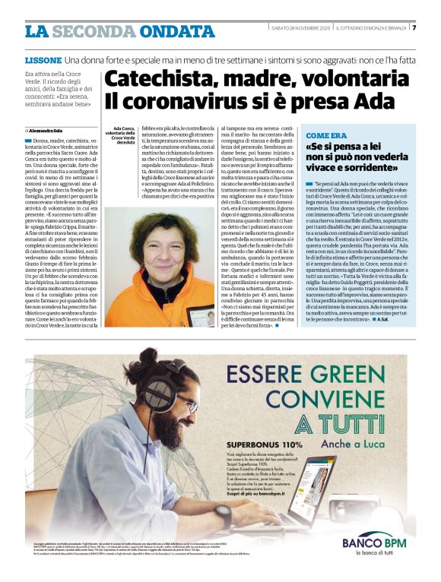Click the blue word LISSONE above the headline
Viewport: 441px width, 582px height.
pos(43,59)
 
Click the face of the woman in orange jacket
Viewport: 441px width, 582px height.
pos(152,248)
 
